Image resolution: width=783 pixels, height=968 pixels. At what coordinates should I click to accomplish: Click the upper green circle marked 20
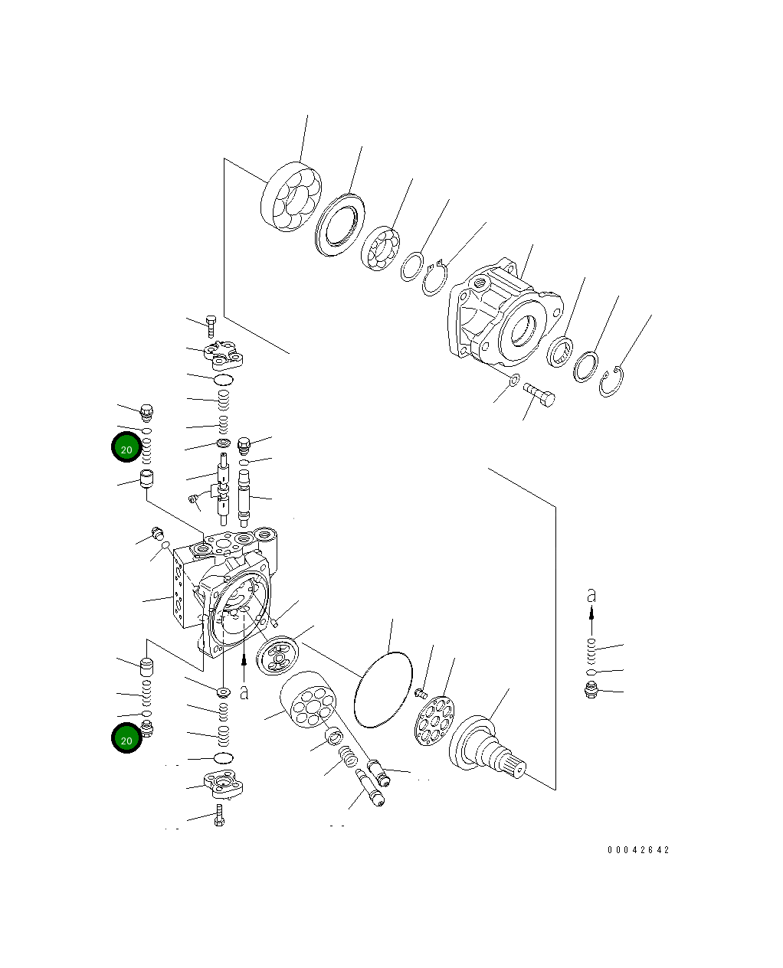coord(126,449)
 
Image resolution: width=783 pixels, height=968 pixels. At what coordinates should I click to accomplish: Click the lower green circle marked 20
coord(126,739)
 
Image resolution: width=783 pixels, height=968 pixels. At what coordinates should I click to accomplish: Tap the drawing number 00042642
coord(638,850)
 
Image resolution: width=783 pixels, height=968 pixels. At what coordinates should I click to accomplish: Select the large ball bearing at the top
coord(291,198)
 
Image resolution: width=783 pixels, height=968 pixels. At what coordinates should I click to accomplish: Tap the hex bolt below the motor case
coord(540,396)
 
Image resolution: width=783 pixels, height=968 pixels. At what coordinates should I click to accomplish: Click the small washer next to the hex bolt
coord(515,380)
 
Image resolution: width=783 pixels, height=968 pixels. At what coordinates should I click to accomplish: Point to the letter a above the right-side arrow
coord(591,595)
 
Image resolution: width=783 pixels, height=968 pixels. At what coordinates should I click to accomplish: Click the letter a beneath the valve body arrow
coord(244,692)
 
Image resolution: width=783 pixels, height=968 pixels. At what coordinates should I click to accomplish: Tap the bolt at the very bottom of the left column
coord(220,816)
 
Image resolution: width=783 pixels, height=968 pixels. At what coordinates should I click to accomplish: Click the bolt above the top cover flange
coord(211,325)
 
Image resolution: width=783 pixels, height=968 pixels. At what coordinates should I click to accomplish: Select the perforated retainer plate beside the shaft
coord(432,718)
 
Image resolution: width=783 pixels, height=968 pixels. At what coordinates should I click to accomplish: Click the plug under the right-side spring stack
coord(591,690)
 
